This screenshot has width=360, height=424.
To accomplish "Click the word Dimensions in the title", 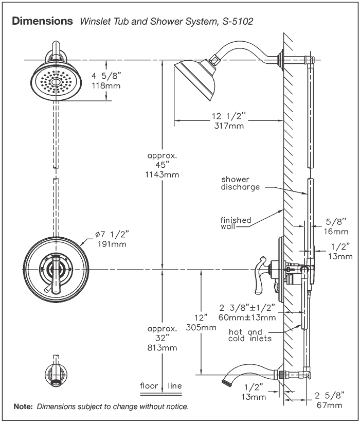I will coord(42,22).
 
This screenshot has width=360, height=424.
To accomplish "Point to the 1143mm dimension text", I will coord(163,174).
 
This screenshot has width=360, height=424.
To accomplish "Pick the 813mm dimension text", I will coord(163,347).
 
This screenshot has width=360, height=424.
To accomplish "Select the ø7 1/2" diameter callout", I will coord(111,235).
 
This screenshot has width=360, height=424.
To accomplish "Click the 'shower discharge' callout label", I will coord(240,183).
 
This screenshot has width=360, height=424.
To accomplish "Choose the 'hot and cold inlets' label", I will coord(250,335).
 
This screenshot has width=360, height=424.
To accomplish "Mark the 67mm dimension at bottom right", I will coord(329,405).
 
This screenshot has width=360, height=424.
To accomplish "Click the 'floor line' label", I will coord(161,385).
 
